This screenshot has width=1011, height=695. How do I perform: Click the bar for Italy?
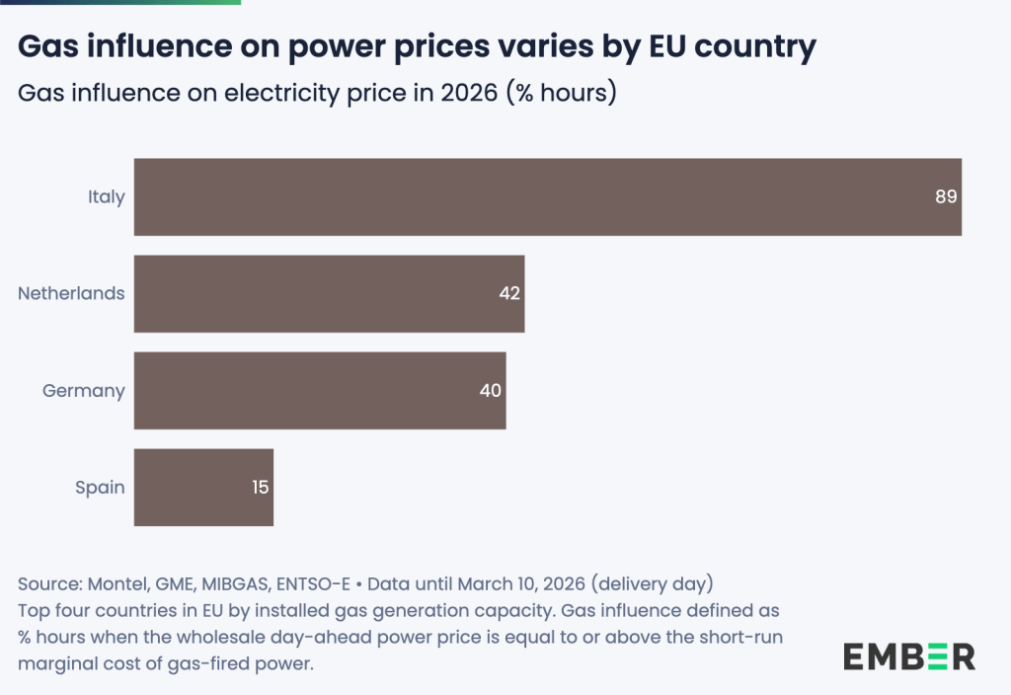pyautogui.click(x=548, y=196)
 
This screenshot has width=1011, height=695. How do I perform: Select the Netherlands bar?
pyautogui.click(x=329, y=293)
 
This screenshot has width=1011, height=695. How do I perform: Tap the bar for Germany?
pyautogui.click(x=320, y=390)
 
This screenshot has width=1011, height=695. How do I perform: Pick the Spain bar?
pyautogui.click(x=203, y=487)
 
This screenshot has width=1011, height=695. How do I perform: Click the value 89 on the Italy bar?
pyautogui.click(x=946, y=196)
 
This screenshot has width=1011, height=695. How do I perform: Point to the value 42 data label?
pyautogui.click(x=509, y=293)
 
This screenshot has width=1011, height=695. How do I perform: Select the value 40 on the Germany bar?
pyautogui.click(x=491, y=390)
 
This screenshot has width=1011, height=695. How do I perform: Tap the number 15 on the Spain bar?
pyautogui.click(x=260, y=487)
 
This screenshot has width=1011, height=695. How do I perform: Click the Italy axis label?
pyautogui.click(x=106, y=196)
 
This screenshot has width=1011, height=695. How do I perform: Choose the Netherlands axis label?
pyautogui.click(x=71, y=293)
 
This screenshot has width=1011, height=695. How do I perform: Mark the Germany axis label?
pyautogui.click(x=83, y=390)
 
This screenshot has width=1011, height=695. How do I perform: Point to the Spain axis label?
pyautogui.click(x=100, y=487)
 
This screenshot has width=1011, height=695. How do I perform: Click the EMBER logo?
pyautogui.click(x=908, y=656)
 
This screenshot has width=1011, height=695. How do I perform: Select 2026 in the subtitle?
pyautogui.click(x=465, y=94)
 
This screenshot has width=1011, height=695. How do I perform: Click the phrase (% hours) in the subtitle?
pyautogui.click(x=561, y=94)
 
